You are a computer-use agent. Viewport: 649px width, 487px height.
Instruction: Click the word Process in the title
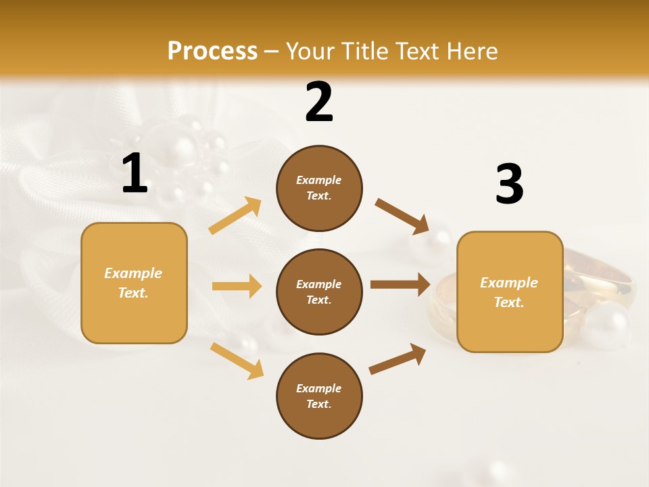(212, 51)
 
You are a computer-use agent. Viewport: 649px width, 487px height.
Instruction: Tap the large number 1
(135, 174)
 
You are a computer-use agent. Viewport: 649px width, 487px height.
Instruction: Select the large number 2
(319, 102)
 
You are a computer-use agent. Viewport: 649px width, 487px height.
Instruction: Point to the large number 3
(509, 185)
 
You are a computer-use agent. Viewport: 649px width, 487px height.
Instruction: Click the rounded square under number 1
(134, 283)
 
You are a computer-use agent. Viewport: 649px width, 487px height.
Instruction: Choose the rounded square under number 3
(510, 292)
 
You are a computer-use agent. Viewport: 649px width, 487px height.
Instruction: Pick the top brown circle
(319, 188)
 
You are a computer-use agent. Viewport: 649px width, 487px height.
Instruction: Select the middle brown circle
(319, 292)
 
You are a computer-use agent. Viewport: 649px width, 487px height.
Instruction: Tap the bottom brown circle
(319, 396)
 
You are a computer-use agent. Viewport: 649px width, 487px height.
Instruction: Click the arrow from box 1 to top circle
(235, 216)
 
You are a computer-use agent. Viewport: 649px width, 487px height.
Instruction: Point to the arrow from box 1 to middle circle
(237, 286)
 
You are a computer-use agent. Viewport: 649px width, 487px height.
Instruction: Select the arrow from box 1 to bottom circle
(237, 361)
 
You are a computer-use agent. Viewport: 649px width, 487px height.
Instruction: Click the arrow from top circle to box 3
(402, 216)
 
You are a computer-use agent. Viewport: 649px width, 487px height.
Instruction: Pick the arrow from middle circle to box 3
(400, 284)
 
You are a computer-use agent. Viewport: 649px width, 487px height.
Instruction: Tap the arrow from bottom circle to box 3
(398, 358)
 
